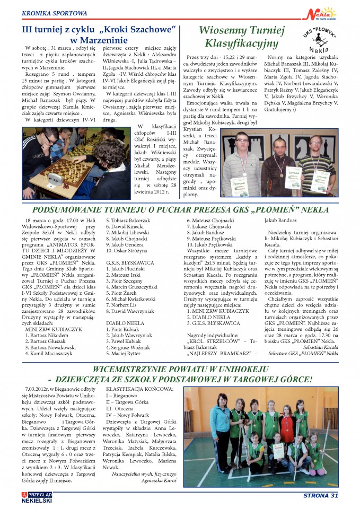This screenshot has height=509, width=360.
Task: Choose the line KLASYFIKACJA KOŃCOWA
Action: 140,389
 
